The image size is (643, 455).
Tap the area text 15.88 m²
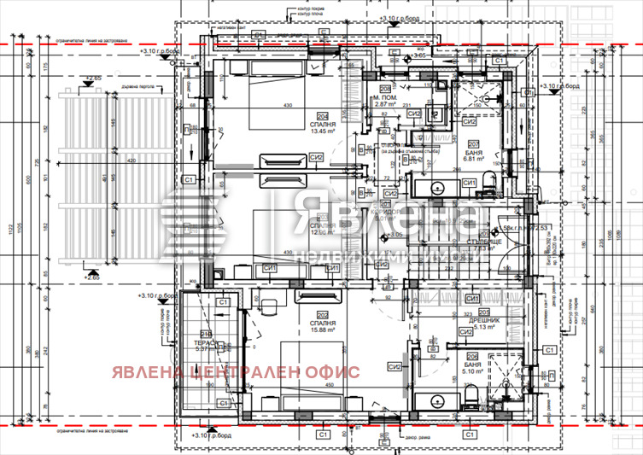click(323, 333)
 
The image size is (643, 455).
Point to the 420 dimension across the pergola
click(131, 160)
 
